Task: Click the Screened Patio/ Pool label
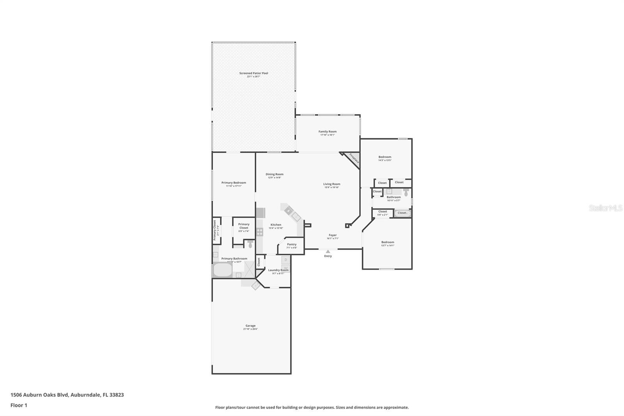(x=253, y=73)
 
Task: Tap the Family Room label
(x=327, y=132)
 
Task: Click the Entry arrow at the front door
(x=328, y=252)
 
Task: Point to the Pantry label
(x=291, y=245)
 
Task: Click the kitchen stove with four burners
(x=260, y=232)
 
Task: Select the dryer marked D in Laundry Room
(x=285, y=260)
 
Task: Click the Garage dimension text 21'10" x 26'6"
(x=250, y=329)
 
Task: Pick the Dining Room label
(x=275, y=174)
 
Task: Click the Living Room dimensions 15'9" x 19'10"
(x=331, y=187)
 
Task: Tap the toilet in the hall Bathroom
(x=406, y=192)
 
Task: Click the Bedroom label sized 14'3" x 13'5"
(x=385, y=157)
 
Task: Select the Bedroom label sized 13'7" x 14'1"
(x=387, y=242)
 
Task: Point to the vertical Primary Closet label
(x=214, y=230)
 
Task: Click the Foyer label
(x=332, y=235)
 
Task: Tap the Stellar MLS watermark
(x=605, y=208)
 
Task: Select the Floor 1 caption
(x=19, y=405)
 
